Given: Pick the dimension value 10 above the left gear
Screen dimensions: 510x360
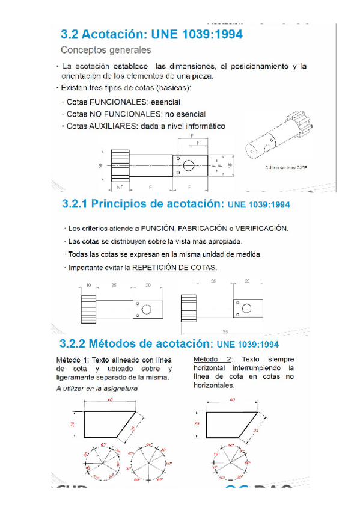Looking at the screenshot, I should click(x=88, y=285).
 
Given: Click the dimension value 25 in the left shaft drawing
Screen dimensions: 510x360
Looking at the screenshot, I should click(x=114, y=285).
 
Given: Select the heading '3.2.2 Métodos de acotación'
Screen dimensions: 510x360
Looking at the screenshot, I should click(x=136, y=345).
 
